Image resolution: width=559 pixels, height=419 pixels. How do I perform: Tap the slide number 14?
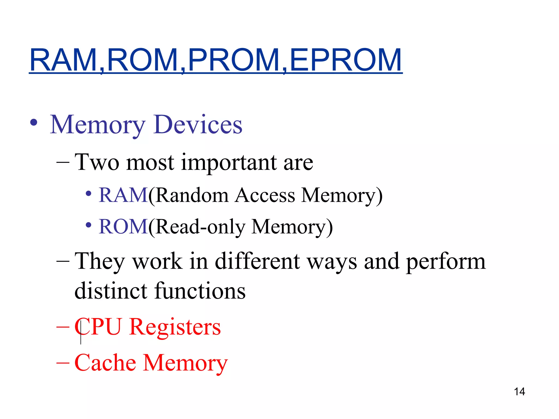pyautogui.click(x=519, y=392)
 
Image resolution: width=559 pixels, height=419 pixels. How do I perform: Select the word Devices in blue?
pyautogui.click(x=198, y=125)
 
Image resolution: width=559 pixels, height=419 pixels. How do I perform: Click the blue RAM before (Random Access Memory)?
pyautogui.click(x=123, y=195)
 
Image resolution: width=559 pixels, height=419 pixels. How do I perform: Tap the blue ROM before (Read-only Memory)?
pyautogui.click(x=123, y=227)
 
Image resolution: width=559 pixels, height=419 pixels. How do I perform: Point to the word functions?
pyautogui.click(x=200, y=291)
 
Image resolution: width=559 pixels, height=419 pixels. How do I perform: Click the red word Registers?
pyautogui.click(x=175, y=327)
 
